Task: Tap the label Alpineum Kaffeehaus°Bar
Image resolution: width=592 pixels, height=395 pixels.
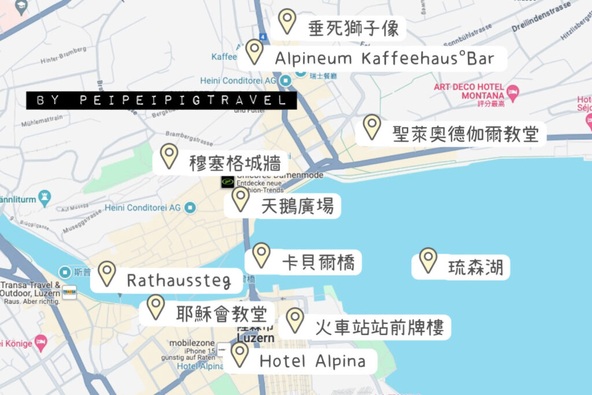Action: (x=384, y=58)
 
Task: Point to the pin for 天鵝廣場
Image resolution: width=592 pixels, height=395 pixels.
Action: (x=240, y=198)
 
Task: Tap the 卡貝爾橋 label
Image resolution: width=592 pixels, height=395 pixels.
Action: (x=313, y=262)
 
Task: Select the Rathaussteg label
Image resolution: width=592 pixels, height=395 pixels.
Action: (x=178, y=282)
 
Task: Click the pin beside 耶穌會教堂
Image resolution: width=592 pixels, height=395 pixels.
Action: (x=156, y=306)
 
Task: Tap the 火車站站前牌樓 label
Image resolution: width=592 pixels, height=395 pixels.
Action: (x=379, y=328)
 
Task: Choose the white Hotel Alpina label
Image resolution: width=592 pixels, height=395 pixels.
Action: (x=312, y=361)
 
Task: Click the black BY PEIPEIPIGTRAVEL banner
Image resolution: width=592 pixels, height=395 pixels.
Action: (x=161, y=100)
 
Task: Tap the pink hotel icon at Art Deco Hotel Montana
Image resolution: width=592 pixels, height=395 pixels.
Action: (x=512, y=91)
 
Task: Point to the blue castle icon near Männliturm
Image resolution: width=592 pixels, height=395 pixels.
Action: (x=45, y=198)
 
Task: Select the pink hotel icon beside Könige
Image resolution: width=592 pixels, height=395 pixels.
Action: (x=40, y=341)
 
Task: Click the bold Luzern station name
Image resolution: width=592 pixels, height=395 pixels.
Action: (x=251, y=335)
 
